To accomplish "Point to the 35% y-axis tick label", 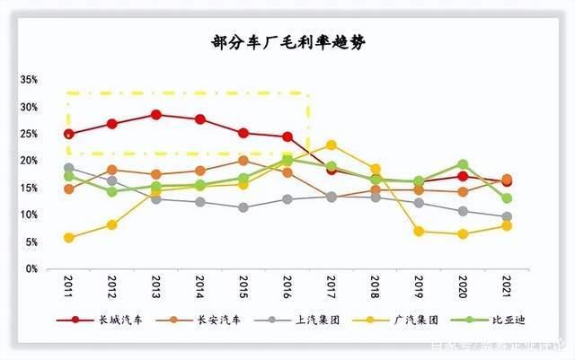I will click(29, 80).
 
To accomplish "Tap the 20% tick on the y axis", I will click(29, 161).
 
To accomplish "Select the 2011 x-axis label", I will click(68, 286).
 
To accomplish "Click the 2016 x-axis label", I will click(287, 286).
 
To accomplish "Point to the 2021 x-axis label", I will click(507, 286).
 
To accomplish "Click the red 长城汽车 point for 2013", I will click(156, 115).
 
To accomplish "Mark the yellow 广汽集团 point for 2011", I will click(68, 238).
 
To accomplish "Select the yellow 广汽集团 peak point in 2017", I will click(332, 145).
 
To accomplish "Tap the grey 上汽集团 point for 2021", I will click(507, 216).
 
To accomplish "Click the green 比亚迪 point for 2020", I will click(463, 164).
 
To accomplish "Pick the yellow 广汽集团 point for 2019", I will click(419, 231).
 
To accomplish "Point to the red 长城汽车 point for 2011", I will click(68, 134).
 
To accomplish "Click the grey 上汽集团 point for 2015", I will click(243, 207).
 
